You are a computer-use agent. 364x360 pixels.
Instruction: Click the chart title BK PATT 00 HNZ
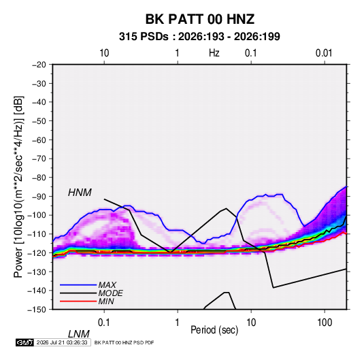coord(200,19)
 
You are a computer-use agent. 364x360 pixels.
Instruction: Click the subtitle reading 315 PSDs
coord(144,37)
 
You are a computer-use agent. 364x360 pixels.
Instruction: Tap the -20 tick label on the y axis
coord(39,65)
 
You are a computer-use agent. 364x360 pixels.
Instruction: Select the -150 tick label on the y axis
coord(37,310)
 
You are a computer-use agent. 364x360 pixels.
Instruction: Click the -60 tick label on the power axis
coord(39,140)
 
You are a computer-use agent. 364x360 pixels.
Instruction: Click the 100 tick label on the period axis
coord(325,323)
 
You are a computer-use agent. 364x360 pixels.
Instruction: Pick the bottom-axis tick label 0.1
coord(104,323)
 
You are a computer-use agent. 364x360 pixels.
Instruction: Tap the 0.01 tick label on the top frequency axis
coord(324,53)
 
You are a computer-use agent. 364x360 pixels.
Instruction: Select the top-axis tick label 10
coord(104,53)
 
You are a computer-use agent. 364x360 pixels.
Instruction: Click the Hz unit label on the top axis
coord(214,53)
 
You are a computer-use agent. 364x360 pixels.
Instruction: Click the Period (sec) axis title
coord(214,330)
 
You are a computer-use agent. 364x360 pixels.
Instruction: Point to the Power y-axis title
coord(18,186)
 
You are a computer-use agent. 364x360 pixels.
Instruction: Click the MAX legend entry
coord(107,284)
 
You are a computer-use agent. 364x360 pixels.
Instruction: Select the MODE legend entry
coord(110,293)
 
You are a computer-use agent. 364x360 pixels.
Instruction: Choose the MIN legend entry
coord(106,301)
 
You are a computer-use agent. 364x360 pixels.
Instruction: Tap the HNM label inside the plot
coord(80,193)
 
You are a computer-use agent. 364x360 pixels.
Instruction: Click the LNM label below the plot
coord(79,334)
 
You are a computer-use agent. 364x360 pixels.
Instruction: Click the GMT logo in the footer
coord(24,342)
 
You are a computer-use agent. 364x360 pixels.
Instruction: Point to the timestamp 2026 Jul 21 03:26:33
coord(62,342)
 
